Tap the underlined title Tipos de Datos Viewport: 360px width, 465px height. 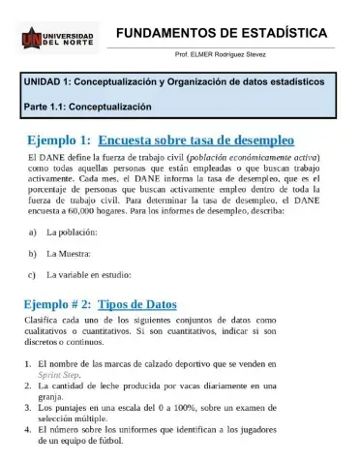click(137, 303)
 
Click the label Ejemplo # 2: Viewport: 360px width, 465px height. click(57, 303)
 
